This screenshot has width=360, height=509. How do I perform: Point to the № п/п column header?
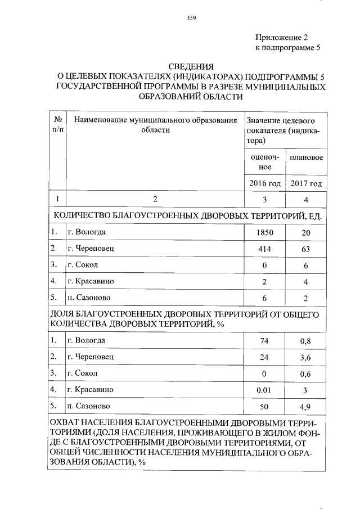(57, 125)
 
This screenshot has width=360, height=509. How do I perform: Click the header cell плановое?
(306, 157)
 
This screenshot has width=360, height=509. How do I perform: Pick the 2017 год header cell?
(306, 184)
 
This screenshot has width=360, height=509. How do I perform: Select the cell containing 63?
(306, 248)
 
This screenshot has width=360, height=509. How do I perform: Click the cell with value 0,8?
(306, 340)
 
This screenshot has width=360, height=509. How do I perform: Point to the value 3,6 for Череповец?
(306, 357)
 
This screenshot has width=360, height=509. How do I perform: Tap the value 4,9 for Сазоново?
(306, 406)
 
